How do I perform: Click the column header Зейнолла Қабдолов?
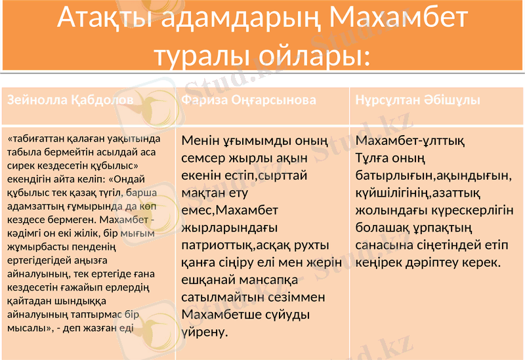[70, 100]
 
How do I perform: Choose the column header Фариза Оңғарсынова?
[249, 100]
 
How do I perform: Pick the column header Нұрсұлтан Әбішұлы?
[417, 100]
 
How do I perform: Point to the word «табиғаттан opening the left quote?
[37, 140]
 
